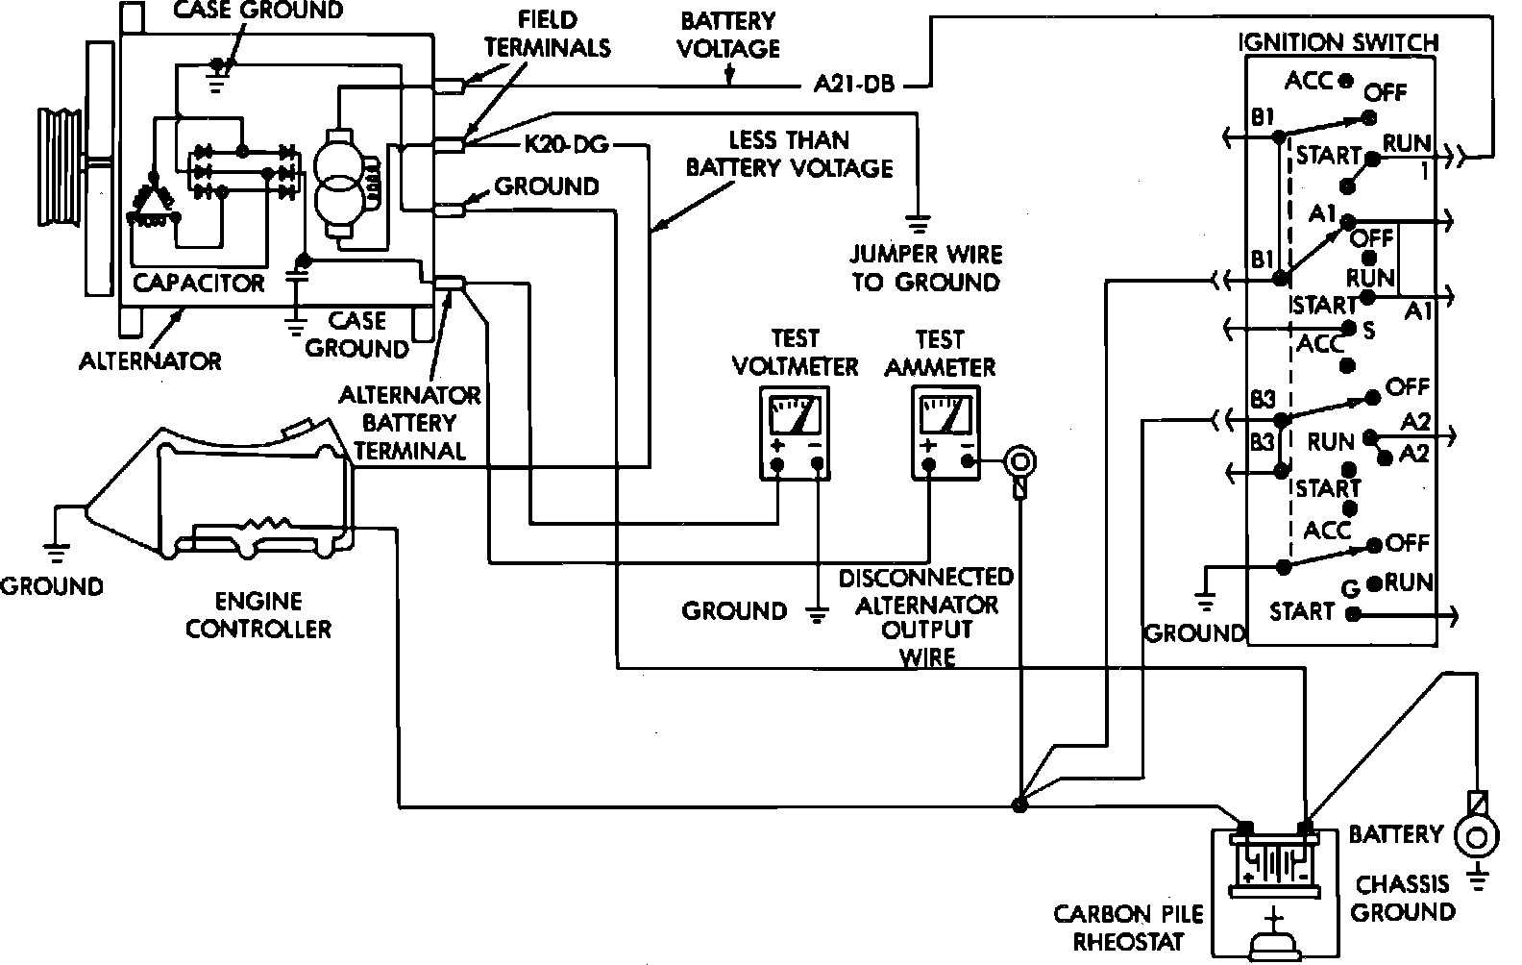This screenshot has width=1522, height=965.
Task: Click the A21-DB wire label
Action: pos(854,85)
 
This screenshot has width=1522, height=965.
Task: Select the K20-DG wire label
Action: pos(566,144)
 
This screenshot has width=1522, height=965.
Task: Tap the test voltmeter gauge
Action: pos(795,433)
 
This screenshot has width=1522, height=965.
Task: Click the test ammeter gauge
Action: pos(945,433)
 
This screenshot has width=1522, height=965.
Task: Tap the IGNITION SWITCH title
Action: pos(1338,42)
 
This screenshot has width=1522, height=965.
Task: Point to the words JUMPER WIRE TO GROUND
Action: pos(926,268)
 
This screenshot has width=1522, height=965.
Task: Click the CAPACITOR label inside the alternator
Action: pos(198,283)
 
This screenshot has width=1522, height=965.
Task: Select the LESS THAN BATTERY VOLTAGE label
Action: pos(789,154)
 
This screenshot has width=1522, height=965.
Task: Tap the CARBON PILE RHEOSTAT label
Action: pos(1128,928)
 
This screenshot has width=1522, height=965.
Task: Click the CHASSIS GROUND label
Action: pos(1403,898)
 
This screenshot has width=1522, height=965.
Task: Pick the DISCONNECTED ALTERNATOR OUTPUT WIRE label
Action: pos(926,617)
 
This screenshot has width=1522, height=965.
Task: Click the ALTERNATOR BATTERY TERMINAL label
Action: pos(409,423)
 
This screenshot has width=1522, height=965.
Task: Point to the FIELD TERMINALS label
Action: pos(547,34)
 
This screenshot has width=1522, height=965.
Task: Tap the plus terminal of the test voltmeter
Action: pos(778,465)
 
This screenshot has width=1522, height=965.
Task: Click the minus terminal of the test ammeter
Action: pos(968,461)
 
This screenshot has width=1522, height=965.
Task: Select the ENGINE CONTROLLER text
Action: pos(258,615)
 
